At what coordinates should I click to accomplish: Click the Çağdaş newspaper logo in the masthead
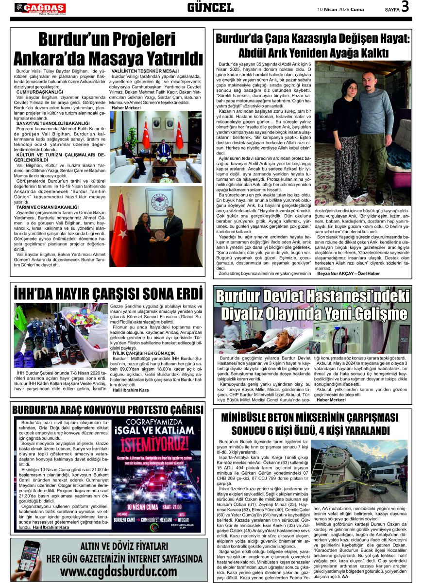tap(40, 8)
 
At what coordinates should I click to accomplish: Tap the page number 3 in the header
tap(406, 7)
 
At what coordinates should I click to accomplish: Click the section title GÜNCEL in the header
tap(210, 7)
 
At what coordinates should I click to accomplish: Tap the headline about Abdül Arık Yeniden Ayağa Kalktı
tap(313, 45)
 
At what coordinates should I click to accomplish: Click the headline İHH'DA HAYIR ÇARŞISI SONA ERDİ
tap(107, 294)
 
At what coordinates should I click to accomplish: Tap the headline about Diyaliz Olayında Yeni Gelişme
tap(312, 305)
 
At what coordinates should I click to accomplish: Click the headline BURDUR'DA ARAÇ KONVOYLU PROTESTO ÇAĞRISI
tap(107, 410)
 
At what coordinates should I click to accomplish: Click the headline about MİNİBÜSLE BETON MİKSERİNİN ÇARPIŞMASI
tap(313, 424)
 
